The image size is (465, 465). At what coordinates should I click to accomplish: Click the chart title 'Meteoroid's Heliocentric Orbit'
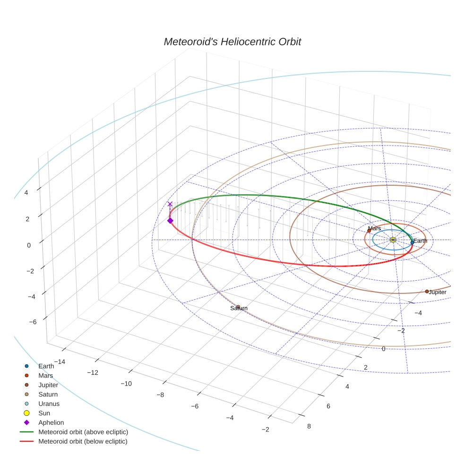point(232,42)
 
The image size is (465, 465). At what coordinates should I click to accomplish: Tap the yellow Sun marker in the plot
point(393,240)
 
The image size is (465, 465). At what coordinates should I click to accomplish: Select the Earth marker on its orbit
point(412,242)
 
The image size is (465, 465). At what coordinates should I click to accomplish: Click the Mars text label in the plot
point(374,229)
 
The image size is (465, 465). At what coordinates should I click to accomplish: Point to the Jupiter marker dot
point(427,292)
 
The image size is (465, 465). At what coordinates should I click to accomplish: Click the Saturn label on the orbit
point(239,308)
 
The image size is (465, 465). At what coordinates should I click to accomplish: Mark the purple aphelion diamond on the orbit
point(170,220)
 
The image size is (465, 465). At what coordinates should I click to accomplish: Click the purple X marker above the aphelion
point(170,204)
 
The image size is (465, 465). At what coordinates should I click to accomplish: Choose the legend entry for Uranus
point(49,404)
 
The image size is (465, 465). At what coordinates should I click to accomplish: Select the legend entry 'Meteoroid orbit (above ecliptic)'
point(83,432)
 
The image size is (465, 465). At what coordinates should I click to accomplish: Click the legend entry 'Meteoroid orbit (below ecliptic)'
point(83,441)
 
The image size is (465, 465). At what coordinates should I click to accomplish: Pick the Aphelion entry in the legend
point(51,422)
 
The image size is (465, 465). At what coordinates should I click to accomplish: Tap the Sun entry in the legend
point(44,413)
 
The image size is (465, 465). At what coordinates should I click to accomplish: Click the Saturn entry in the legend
point(48,394)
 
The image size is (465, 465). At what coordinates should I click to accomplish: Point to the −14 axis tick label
point(60,362)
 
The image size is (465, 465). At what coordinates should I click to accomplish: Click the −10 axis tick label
point(126,384)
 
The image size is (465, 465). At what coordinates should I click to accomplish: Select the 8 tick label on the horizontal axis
point(309,426)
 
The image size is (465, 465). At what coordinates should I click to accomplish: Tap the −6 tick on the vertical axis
point(33,322)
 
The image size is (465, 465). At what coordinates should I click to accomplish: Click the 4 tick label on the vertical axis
point(26,193)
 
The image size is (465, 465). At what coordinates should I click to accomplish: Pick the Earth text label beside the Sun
point(421,241)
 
